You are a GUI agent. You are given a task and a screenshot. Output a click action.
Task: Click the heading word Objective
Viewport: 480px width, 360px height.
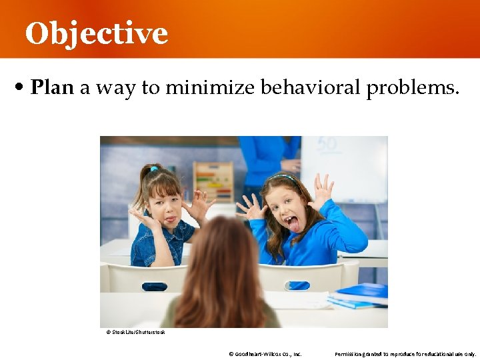[x=96, y=33]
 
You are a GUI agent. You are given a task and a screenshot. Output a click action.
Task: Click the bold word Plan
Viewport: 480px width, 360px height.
[x=52, y=87]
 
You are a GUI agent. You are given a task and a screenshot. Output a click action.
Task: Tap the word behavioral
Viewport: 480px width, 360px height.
[x=310, y=87]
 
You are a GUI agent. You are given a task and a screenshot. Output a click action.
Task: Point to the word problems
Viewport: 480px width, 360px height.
[x=413, y=88]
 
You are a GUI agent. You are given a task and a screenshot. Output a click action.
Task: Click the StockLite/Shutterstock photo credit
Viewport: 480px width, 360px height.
[x=135, y=332]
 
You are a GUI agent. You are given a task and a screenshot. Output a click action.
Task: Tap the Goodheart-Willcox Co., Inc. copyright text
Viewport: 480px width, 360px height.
[x=265, y=354]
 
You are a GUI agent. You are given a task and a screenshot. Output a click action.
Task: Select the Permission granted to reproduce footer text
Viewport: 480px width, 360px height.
[x=405, y=354]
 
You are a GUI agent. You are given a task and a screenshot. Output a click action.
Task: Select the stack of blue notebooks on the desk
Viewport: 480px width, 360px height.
[x=360, y=297]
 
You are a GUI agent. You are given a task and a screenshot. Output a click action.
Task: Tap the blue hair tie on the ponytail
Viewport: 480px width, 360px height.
[x=153, y=169]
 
